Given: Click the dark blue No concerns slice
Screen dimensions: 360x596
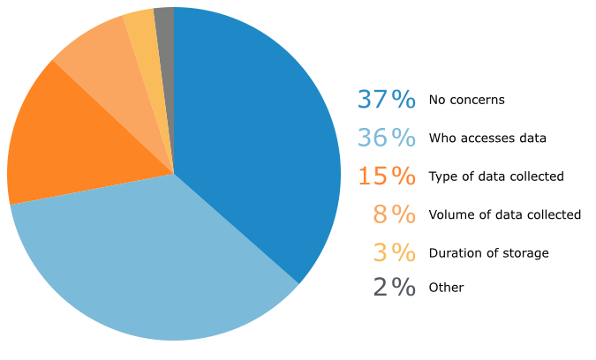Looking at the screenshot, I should [256, 132].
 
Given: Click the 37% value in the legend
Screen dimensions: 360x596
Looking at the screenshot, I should [386, 100].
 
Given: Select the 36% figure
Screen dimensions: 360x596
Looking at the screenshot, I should [386, 138].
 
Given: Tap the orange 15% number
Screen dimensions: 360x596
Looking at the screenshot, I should [386, 176].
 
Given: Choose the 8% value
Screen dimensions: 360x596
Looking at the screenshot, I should [394, 214].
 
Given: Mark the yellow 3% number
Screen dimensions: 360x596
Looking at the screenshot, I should [394, 252].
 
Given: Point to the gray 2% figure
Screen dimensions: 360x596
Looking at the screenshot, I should [394, 287].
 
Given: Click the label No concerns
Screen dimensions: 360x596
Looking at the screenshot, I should [466, 100].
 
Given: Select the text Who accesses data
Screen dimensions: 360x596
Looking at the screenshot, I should [487, 138].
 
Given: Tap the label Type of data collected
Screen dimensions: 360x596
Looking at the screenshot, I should [495, 176].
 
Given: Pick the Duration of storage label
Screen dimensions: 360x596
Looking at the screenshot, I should [488, 253].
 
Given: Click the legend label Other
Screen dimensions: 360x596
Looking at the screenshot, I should [446, 288].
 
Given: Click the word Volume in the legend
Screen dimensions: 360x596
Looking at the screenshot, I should [449, 214].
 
